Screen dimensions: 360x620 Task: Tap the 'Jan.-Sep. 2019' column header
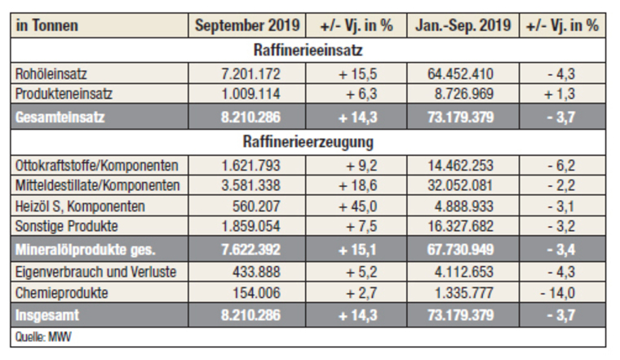tap(461, 25)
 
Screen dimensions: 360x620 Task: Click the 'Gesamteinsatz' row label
tap(60, 117)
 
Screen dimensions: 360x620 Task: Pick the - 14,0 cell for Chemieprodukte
tap(562, 291)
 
